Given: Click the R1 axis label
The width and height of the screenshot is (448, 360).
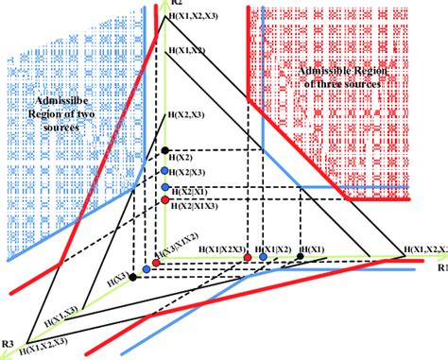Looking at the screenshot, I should click(x=441, y=267).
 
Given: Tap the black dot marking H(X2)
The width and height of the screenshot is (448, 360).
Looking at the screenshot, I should click(x=165, y=149).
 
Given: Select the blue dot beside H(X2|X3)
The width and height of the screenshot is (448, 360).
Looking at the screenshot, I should click(x=164, y=170).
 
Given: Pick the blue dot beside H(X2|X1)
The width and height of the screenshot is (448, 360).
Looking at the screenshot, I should click(x=164, y=189).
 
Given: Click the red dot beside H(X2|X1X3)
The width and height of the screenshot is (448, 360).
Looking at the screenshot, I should click(x=165, y=200).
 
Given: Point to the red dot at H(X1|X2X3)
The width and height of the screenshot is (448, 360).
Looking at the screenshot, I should click(x=248, y=256).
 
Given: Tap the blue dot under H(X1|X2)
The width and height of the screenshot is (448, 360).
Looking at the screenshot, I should click(x=262, y=256).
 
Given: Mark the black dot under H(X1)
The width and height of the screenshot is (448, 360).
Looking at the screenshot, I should click(x=300, y=255).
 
